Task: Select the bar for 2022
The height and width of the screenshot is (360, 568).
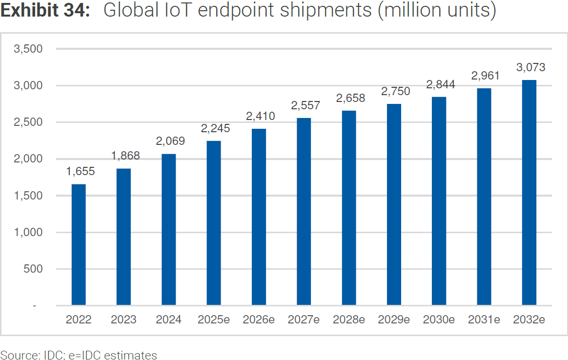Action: (79, 245)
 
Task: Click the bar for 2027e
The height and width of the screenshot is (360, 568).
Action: (304, 212)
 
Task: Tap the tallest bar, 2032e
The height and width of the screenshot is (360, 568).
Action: (529, 193)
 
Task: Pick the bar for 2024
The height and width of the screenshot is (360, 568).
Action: (169, 230)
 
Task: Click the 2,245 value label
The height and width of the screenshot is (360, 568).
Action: (215, 128)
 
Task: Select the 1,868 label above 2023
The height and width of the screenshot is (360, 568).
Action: (125, 156)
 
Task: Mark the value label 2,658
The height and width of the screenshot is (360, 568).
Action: (350, 98)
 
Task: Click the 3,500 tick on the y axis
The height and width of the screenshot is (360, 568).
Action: (29, 49)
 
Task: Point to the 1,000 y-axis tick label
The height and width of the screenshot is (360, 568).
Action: (29, 232)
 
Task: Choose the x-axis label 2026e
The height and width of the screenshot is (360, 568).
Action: (259, 320)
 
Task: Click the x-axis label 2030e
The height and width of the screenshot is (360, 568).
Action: (439, 320)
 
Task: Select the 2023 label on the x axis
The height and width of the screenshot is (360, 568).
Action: (123, 320)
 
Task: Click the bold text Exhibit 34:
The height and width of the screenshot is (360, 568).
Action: (45, 11)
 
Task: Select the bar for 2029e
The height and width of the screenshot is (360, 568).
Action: (394, 205)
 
